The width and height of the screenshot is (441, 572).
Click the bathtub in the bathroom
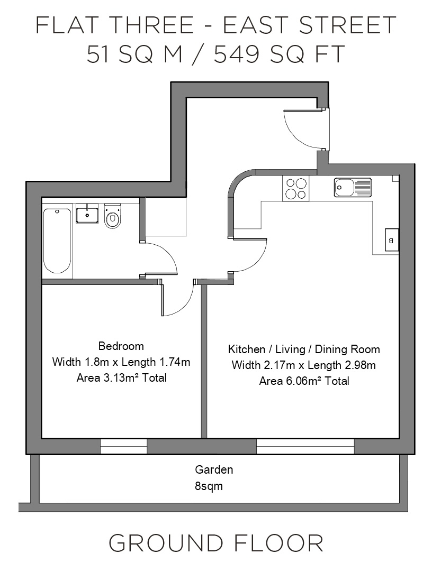point(57,241)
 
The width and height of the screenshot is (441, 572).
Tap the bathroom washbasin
point(87,214)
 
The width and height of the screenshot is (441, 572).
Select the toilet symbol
point(113,217)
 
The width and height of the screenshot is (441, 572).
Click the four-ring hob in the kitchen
point(295,189)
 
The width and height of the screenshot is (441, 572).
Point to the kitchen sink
point(353,188)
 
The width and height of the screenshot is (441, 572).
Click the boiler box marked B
point(392,241)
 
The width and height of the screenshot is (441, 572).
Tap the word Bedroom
point(121,346)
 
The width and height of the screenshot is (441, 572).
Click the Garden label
point(214,469)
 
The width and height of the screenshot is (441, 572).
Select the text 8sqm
point(209,486)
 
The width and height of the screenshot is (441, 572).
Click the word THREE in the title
point(151,25)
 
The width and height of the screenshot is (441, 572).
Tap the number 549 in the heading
point(237,54)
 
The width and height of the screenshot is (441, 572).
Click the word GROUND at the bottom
point(166,543)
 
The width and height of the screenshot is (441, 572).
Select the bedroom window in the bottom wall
point(123,447)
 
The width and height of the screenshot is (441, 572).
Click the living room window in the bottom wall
point(305,447)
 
